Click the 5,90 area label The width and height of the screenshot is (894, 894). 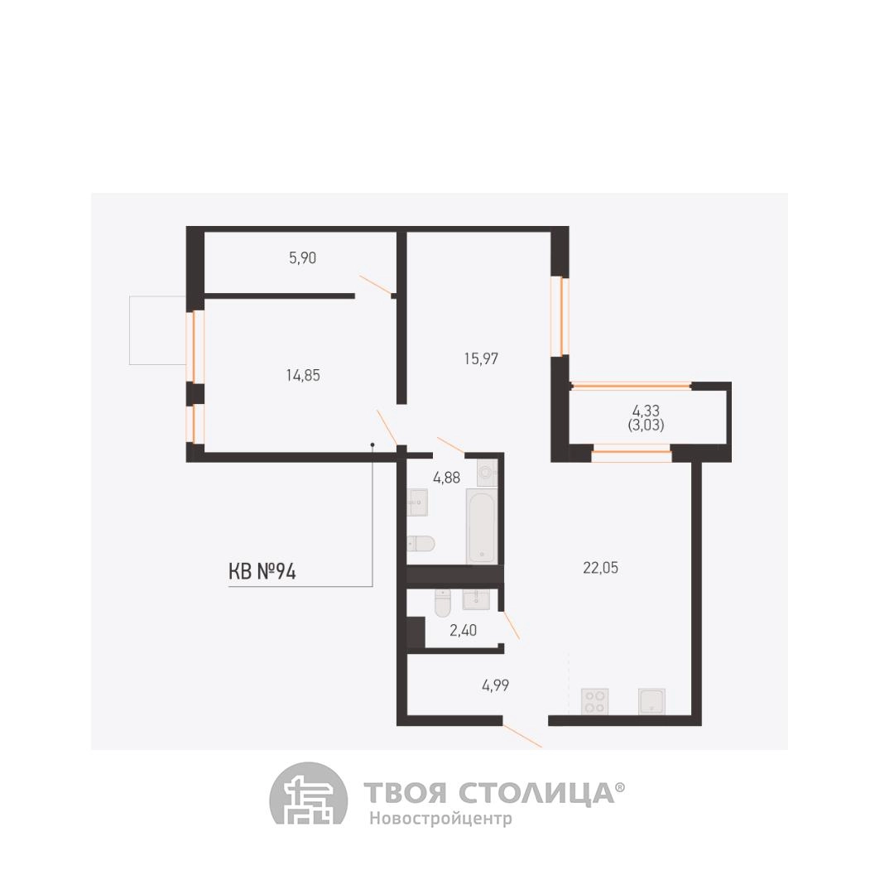coord(302,257)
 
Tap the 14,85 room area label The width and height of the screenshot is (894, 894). coord(303,375)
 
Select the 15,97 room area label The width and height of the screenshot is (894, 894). coord(481,358)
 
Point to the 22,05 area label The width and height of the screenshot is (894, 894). coord(600,568)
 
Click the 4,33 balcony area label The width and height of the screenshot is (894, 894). coord(646,411)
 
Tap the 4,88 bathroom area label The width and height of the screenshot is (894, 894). coord(446,478)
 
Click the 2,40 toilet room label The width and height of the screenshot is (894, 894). coord(463,631)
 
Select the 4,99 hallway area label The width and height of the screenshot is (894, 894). coord(496,685)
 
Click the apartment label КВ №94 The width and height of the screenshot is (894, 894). coord(262,571)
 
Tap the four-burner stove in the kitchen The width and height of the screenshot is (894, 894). coord(594,701)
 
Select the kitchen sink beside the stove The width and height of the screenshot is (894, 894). coord(651,701)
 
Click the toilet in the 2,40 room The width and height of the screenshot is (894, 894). coord(443,603)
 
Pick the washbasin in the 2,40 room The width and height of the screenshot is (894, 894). coord(475,599)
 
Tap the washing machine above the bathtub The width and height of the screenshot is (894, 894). coord(488,473)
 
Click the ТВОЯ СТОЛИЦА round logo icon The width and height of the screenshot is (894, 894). coord(309,793)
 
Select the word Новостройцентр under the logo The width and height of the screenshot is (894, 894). coord(440,819)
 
